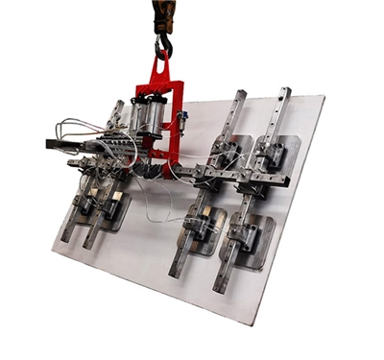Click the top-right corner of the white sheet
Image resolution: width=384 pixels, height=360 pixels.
tap(324, 96)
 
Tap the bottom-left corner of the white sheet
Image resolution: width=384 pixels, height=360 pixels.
tap(52, 248)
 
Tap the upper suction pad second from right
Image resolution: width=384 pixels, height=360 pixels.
tap(236, 150)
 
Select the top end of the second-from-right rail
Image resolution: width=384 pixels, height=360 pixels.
tap(239, 96)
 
